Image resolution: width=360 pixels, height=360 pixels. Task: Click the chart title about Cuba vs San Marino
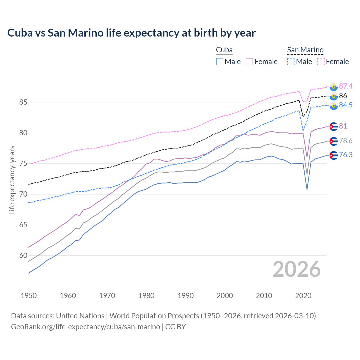click(x=131, y=33)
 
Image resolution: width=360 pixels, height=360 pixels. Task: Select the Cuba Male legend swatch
click(x=220, y=62)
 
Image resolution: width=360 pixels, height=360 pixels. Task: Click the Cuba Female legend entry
click(x=262, y=62)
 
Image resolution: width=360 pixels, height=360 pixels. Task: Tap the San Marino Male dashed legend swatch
click(x=291, y=62)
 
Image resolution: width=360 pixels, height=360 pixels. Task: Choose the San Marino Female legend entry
click(x=333, y=62)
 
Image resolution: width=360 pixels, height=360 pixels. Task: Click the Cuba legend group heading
click(x=224, y=50)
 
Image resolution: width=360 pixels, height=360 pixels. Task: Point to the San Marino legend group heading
click(x=305, y=50)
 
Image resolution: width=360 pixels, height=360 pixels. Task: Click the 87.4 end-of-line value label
click(x=346, y=86)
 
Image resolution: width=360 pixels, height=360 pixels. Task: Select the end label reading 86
click(x=343, y=96)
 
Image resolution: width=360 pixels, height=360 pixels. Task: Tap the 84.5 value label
click(x=346, y=105)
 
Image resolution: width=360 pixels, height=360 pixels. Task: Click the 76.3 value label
click(x=346, y=155)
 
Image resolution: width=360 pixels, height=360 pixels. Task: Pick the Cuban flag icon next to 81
click(x=333, y=127)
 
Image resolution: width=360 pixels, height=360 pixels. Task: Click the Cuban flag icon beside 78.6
click(x=333, y=141)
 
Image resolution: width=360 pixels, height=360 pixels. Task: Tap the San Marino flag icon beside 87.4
click(x=333, y=87)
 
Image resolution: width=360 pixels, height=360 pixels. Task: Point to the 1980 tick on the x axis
click(x=146, y=296)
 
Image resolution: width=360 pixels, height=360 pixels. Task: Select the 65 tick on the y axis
click(x=23, y=225)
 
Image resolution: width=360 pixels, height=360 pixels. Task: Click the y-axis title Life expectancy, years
click(x=12, y=180)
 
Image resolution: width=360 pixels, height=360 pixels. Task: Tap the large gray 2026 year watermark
click(x=296, y=269)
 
